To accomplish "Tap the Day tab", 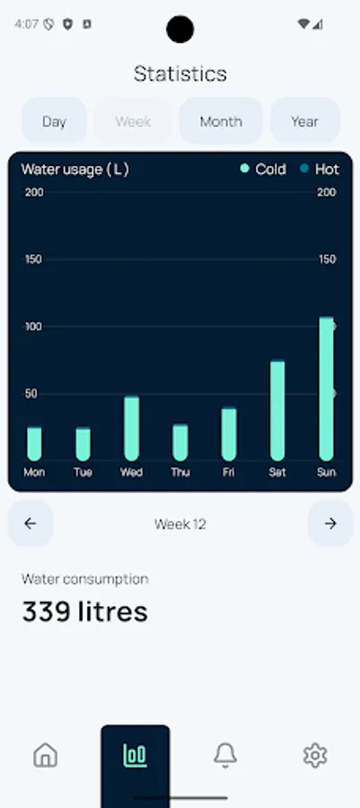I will point(54,121).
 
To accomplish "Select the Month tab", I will point(221,121).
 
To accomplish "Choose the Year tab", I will point(304,121).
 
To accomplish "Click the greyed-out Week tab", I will point(133,121).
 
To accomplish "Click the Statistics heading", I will point(180,74).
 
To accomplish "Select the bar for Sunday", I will point(326,388).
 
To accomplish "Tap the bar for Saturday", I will point(277,409).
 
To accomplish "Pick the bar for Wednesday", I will point(131,427).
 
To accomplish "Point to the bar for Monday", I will point(34,443).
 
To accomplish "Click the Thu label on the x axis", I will point(180,472).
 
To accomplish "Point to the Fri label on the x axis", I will point(229,472).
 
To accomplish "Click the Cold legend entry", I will point(263,169).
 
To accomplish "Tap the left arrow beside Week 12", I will point(31,523).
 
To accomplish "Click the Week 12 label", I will point(180,524).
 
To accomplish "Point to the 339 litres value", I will point(84,611).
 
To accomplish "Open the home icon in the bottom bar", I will point(45,756).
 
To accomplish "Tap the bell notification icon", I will point(224,756).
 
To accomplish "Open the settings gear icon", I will point(314,756).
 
